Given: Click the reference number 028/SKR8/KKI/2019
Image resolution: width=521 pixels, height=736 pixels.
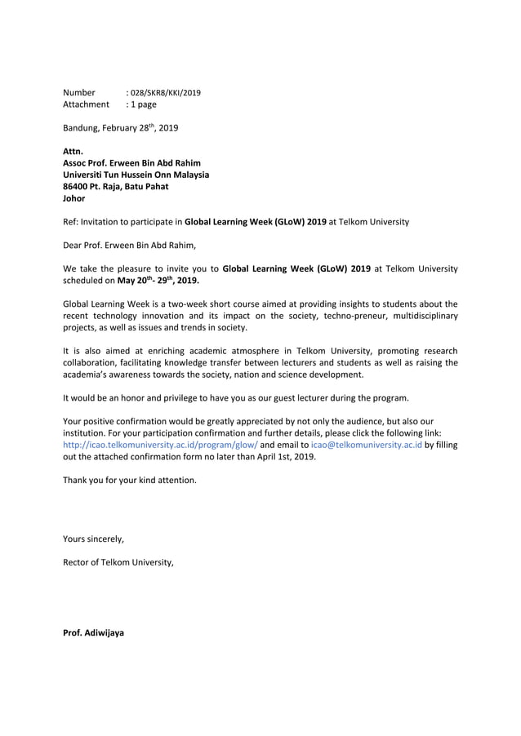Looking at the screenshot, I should [x=166, y=92].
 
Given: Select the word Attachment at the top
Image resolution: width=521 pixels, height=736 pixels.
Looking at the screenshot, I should [x=86, y=104].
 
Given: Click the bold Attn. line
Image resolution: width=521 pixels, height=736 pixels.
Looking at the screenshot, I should [x=73, y=151].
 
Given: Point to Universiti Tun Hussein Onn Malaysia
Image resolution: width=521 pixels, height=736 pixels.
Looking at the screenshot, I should [x=136, y=175].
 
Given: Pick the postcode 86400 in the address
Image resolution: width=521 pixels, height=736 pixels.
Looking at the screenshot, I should [x=76, y=186].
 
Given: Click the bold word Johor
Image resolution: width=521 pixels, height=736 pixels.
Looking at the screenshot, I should [x=74, y=198].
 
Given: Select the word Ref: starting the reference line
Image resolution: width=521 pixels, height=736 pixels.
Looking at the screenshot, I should [x=71, y=221].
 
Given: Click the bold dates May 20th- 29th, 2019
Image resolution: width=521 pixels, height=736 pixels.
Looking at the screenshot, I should [x=158, y=280].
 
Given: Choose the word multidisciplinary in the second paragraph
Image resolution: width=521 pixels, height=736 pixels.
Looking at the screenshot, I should [x=420, y=315].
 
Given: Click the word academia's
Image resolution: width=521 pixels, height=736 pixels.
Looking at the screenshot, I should [x=92, y=375].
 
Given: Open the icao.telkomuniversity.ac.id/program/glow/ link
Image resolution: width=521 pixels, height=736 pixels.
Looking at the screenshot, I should [x=160, y=445].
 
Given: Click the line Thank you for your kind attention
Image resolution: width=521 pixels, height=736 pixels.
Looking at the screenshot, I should [x=130, y=480].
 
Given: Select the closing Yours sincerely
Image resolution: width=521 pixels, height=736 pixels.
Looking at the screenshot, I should [x=94, y=539].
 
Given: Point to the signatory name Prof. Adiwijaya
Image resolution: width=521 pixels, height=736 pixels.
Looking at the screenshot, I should [x=94, y=633].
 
